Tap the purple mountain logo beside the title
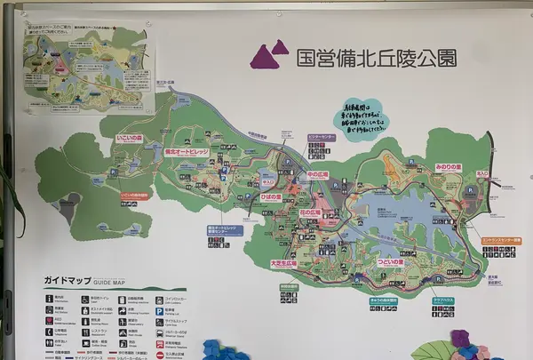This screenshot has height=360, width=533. click(x=270, y=55)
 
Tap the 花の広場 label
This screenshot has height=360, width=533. click(x=308, y=214)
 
